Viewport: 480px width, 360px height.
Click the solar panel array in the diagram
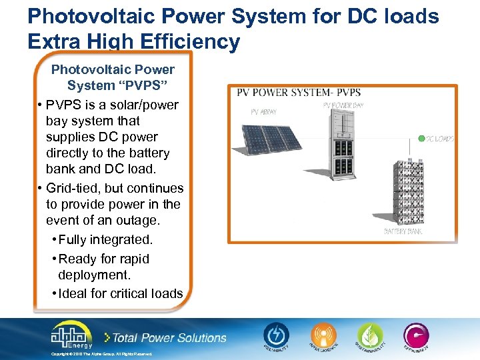pyautogui.click(x=266, y=139)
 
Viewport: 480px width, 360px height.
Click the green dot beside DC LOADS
pyautogui.click(x=421, y=139)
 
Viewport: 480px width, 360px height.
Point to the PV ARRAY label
pyautogui.click(x=263, y=112)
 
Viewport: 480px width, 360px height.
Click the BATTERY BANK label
pyautogui.click(x=403, y=231)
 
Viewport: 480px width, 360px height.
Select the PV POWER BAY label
pyautogui.click(x=343, y=105)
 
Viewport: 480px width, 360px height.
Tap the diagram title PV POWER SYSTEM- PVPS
pyautogui.click(x=299, y=92)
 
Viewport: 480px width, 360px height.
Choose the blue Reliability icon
pyautogui.click(x=275, y=336)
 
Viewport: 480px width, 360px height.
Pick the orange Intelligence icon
pyautogui.click(x=323, y=336)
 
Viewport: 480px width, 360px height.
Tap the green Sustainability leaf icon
pyautogui.click(x=370, y=336)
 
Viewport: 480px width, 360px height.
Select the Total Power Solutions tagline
pyautogui.click(x=169, y=337)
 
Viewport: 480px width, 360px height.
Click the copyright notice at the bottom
pyautogui.click(x=102, y=354)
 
